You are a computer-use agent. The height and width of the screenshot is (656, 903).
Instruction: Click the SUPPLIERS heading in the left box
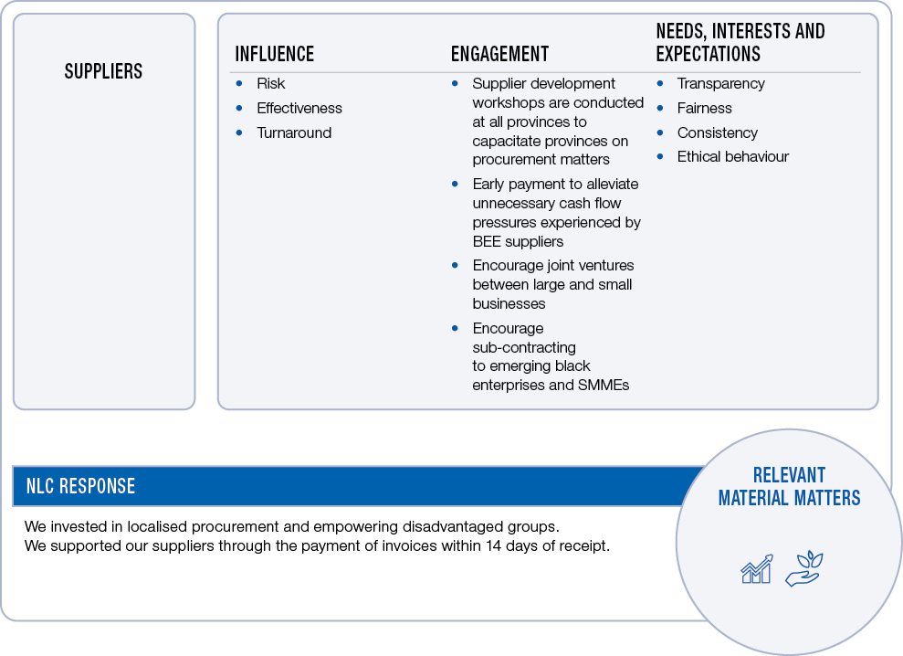click(x=103, y=71)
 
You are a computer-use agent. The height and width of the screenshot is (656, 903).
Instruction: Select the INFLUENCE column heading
click(x=274, y=54)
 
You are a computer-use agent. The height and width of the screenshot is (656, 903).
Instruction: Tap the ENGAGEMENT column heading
click(x=499, y=54)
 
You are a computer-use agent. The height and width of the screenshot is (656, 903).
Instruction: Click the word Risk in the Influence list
click(x=270, y=83)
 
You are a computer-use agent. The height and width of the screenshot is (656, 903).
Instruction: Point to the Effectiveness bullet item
click(x=299, y=108)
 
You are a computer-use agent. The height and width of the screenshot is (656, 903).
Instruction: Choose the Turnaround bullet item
click(x=293, y=132)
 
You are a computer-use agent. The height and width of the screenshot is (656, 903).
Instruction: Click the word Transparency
click(x=720, y=83)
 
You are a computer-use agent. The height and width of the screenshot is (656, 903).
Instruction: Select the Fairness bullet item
click(x=704, y=108)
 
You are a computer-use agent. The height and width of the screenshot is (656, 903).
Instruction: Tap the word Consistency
click(x=717, y=132)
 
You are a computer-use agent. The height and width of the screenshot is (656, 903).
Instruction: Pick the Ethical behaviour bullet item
click(x=732, y=156)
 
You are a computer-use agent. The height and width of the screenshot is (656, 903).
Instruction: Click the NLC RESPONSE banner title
click(x=80, y=486)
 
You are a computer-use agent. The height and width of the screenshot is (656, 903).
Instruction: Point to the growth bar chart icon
click(x=756, y=568)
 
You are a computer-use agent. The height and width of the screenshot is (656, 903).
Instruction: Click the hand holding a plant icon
click(x=803, y=568)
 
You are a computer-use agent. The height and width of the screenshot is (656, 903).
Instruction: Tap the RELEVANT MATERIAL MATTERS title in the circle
click(x=789, y=486)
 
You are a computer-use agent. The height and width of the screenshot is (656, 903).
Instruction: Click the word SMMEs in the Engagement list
click(x=604, y=385)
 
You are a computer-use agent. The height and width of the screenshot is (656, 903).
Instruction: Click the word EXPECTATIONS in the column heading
click(x=708, y=54)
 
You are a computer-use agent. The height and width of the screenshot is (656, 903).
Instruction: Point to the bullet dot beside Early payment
click(x=455, y=184)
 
